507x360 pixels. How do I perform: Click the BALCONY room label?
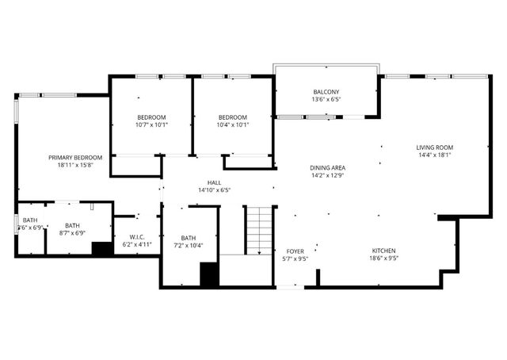326,93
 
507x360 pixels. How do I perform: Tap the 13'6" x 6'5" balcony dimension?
326,101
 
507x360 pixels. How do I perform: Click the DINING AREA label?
327,168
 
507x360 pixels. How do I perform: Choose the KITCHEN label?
385,251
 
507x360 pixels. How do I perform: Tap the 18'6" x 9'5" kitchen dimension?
385,259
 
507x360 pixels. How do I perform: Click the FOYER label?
295,251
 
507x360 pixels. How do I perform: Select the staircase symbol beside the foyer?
257,230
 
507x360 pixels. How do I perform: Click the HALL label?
214,182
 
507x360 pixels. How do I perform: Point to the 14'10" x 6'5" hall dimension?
214,190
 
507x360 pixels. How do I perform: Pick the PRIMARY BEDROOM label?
75,158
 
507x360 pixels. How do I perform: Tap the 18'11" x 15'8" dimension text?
75,166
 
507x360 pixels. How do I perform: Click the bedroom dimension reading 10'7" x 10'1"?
151,124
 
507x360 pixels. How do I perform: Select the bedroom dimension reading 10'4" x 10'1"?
233,124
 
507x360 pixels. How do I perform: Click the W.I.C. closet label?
136,237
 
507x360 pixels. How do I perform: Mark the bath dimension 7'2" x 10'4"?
189,246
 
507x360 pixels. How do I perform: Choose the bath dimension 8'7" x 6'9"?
73,233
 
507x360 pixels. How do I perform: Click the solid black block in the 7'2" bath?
209,274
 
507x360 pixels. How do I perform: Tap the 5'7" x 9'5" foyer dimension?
295,259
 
